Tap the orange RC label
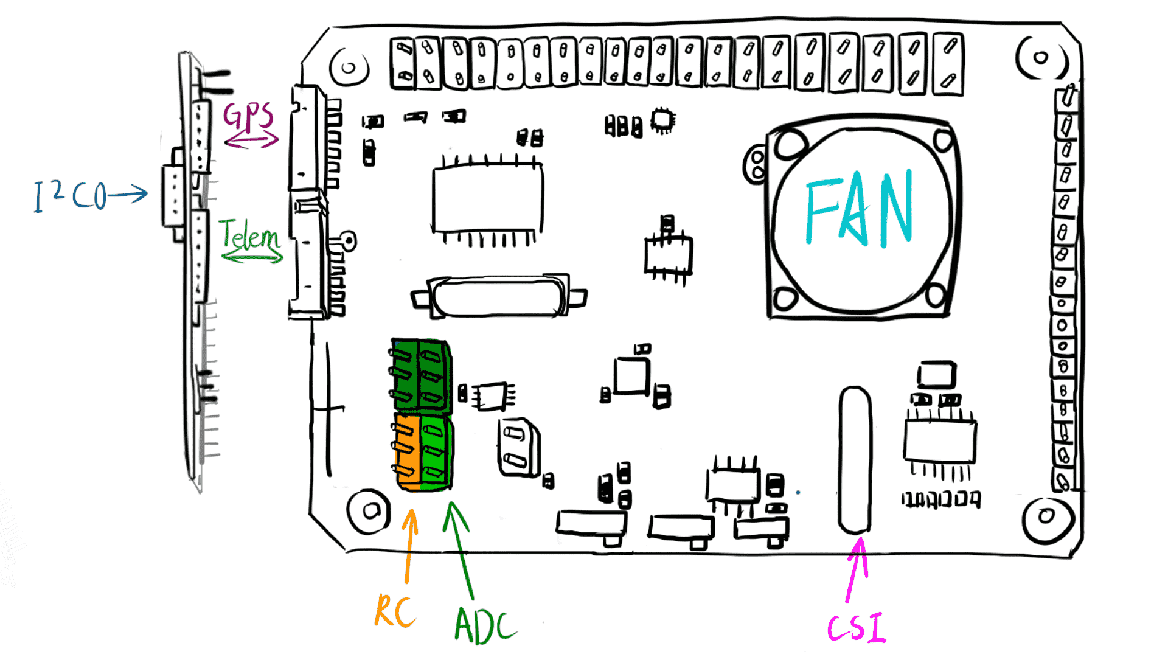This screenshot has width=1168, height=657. click(395, 611)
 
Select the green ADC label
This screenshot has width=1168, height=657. click(484, 625)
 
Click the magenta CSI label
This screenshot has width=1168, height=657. click(857, 628)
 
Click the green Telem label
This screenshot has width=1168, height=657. click(249, 235)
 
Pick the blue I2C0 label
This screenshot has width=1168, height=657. click(70, 196)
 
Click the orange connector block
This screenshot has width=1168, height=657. click(406, 451)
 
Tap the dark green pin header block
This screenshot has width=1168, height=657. click(421, 375)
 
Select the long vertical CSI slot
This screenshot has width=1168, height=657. click(855, 460)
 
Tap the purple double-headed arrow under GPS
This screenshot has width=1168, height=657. click(251, 141)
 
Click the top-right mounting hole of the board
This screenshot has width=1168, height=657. click(1040, 58)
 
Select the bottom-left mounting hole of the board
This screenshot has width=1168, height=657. click(369, 511)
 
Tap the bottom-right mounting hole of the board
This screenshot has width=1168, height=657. click(1046, 516)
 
